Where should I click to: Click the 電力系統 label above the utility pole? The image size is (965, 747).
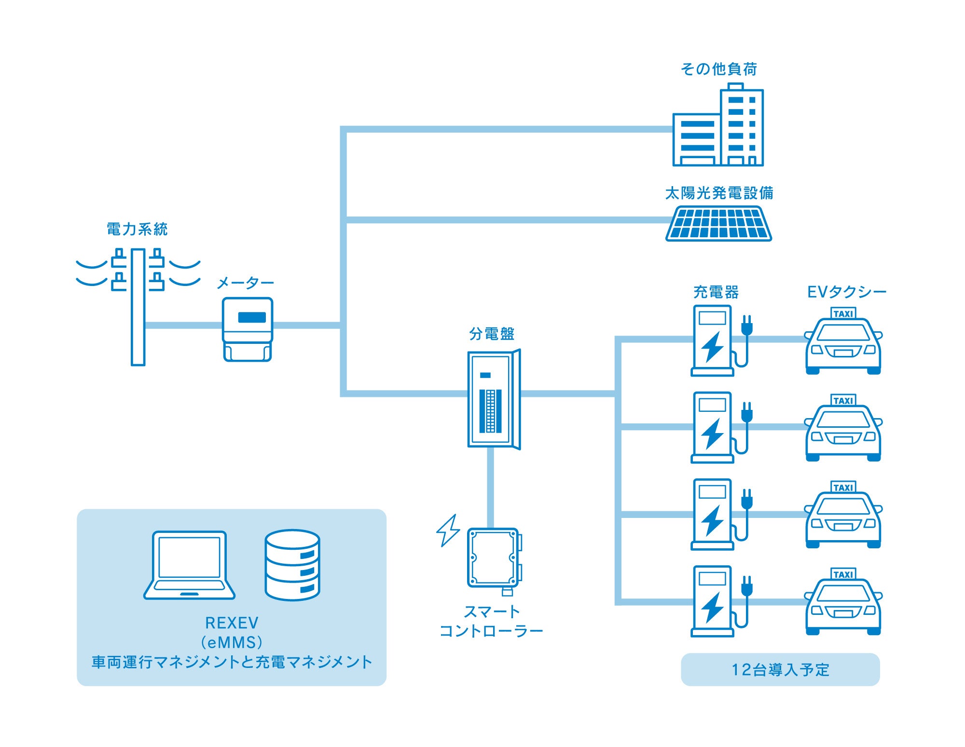point(137,229)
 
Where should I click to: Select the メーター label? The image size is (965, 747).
point(245,283)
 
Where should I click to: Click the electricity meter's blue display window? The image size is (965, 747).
point(252,317)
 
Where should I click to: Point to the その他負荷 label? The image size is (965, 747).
point(718,69)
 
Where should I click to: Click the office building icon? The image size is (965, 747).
point(718,128)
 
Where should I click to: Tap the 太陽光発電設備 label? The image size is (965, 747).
point(719,193)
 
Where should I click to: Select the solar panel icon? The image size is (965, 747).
point(718,224)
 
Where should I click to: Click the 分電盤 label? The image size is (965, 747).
point(492,334)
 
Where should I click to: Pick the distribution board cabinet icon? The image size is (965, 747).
point(493,399)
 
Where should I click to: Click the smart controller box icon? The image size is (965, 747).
point(494,558)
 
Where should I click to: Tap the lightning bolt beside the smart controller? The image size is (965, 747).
point(448,530)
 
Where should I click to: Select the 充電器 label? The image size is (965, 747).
point(716,292)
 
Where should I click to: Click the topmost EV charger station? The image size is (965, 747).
point(713,340)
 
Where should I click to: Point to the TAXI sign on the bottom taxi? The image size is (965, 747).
point(843,574)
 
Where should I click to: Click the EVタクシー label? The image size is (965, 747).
point(846,292)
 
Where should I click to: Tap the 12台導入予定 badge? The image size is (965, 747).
point(780,669)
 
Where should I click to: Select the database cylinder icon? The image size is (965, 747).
point(292,565)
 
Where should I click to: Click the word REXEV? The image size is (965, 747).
point(232,623)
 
